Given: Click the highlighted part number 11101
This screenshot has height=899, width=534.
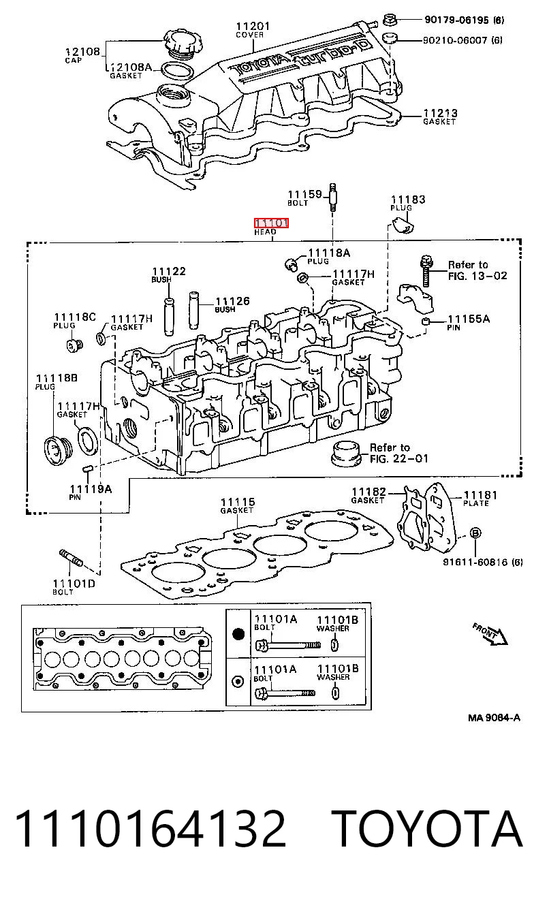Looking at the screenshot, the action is click(271, 222).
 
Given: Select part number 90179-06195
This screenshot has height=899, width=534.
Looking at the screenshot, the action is click(456, 20).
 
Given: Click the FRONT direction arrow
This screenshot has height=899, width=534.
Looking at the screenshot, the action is click(490, 634).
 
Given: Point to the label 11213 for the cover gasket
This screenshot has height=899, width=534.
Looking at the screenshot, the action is click(441, 113).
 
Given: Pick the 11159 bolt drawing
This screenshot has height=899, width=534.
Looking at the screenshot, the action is click(333, 198).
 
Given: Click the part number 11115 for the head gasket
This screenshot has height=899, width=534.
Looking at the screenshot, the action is click(238, 502).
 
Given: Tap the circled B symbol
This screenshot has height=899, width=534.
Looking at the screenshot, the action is click(475, 533).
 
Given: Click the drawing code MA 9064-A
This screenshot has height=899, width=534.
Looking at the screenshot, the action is click(494, 718).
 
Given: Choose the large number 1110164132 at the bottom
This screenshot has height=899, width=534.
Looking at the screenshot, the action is click(150, 830).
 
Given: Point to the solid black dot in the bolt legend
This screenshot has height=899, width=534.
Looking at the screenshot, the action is click(238, 634).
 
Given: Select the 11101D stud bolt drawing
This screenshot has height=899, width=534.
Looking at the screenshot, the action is click(71, 558).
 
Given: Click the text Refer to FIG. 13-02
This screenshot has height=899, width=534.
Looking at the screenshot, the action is click(477, 270).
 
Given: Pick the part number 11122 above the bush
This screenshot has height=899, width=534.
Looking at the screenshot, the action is click(169, 271).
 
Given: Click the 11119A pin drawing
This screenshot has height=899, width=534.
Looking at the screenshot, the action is click(88, 469).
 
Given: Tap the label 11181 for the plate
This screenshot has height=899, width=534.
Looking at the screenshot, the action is click(481, 495).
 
